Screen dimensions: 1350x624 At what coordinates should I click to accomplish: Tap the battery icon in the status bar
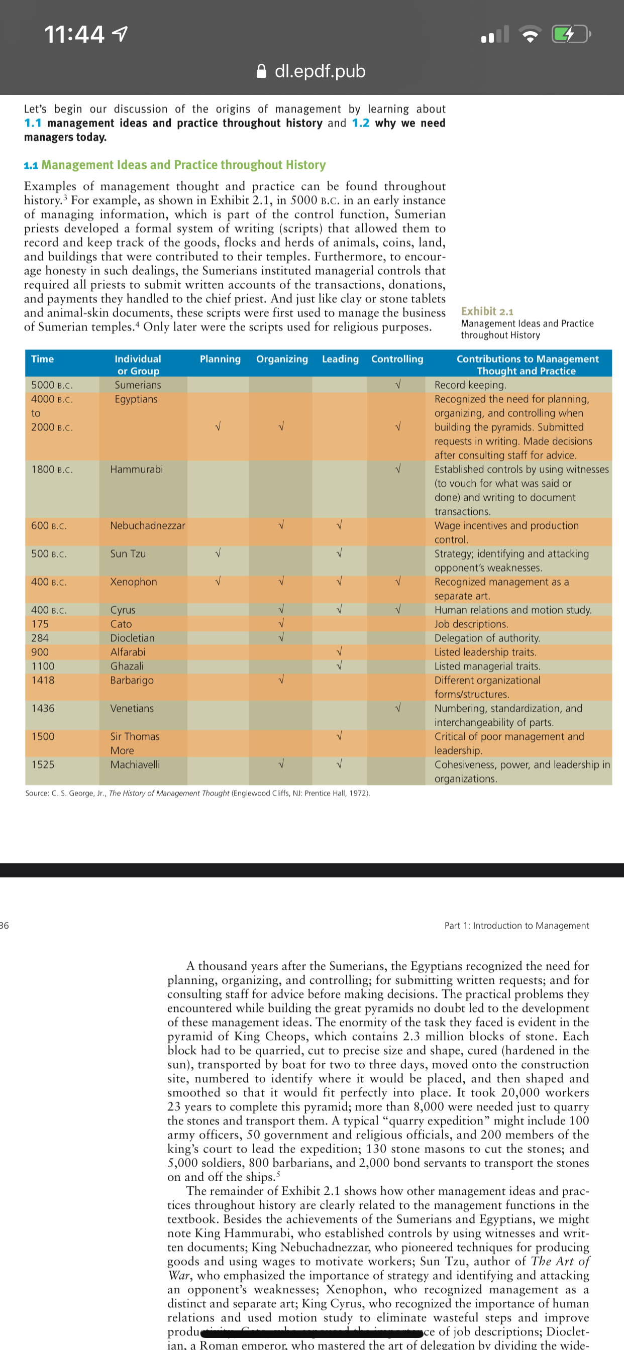coord(571,35)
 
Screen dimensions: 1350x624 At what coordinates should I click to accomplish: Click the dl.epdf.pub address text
coord(320,71)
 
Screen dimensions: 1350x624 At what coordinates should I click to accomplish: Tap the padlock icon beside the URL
coord(261,71)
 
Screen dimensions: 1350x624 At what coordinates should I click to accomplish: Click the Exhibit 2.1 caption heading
coord(487,311)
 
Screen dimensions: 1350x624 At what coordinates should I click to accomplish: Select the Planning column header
coord(220,359)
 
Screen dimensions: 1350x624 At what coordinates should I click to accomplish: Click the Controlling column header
coord(397,359)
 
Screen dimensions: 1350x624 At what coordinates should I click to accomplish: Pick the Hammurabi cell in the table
coord(136,469)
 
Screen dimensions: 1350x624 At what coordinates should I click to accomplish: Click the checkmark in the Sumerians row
coord(397,385)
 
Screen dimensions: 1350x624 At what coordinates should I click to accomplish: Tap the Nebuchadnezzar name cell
coord(147,525)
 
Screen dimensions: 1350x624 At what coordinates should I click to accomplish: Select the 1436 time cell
coord(43,708)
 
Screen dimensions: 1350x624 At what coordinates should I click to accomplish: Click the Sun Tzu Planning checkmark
coord(218,553)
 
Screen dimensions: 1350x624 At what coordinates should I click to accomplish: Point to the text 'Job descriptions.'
coord(471,624)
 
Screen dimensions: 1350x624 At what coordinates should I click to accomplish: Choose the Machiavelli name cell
coord(135,764)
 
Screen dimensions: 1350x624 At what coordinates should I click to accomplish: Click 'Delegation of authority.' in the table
coord(487,638)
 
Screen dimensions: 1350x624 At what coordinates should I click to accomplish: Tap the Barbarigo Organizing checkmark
coord(281,680)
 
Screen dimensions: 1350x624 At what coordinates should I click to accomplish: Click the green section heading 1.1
coord(175,165)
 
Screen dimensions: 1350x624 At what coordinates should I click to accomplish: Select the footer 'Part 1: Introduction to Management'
coord(516,926)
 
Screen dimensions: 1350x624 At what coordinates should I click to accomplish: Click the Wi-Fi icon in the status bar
coord(530,35)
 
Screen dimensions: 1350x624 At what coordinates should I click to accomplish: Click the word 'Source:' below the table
coord(37,793)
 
